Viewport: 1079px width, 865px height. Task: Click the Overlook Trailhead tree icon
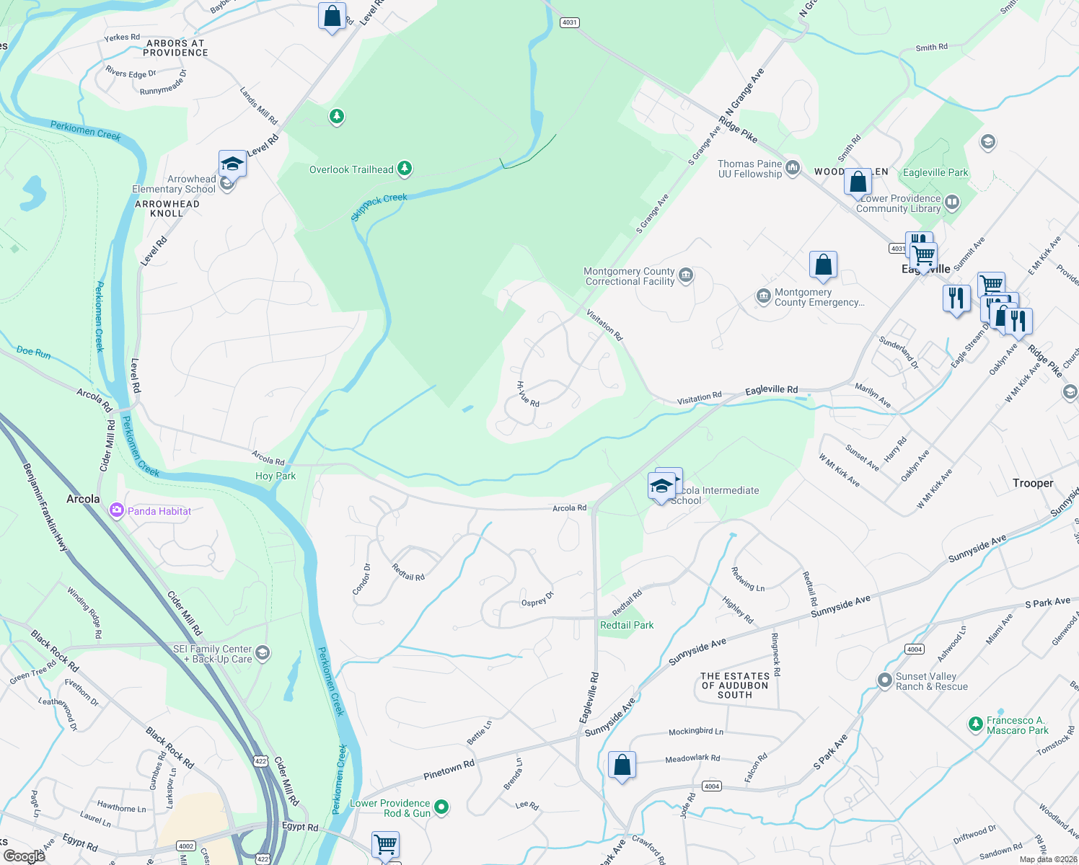coord(405,169)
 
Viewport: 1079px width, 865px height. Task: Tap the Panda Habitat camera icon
coord(116,511)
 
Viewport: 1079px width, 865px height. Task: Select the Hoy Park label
coord(276,476)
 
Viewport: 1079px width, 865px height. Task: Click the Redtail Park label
coord(627,625)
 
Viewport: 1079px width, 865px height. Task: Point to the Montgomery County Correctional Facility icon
coord(687,275)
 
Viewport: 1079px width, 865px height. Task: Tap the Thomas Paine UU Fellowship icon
coord(793,168)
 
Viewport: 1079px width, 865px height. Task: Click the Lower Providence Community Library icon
coord(952,203)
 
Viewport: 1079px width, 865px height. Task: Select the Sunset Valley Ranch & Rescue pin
coord(884,680)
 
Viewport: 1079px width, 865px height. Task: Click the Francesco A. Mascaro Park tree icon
coord(976,724)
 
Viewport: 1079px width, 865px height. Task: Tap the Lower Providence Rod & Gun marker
coord(441,807)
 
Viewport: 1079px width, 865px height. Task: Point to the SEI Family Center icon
coord(263,653)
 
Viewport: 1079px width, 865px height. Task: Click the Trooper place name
coord(1033,483)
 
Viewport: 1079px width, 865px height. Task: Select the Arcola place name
coord(83,499)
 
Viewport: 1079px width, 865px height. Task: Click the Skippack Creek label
coord(379,206)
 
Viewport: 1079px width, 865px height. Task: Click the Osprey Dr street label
coord(537,599)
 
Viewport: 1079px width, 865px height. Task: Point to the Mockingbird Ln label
coord(695,731)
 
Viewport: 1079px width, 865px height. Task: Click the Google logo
coord(25,856)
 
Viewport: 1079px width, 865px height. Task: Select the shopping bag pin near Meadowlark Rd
coord(622,765)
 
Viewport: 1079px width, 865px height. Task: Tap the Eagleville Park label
coord(935,172)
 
